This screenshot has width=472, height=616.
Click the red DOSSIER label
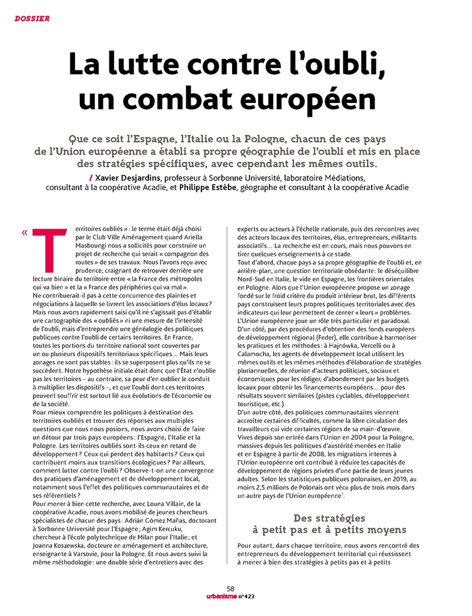tap(32, 19)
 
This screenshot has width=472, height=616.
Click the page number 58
tap(231, 589)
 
